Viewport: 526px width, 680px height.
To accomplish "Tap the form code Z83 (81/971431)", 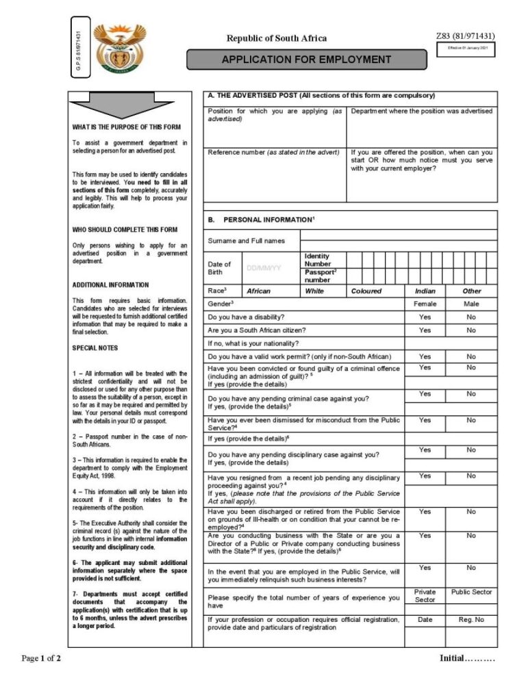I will coord(465,36).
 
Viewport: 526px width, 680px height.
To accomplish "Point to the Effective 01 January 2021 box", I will coord(468,48).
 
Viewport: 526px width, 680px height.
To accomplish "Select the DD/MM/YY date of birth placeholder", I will coord(263,268).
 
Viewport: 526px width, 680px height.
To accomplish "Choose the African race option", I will coord(258,291).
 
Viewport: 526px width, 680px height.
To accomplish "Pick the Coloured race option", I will coord(366,291).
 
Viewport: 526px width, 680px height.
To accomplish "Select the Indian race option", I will coord(425,291).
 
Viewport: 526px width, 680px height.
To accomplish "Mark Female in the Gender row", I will coord(425,302).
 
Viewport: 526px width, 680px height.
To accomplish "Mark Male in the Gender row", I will coord(471,302).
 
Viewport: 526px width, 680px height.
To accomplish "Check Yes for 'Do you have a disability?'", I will coord(425,317).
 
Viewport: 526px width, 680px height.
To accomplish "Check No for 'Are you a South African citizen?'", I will coord(471,330).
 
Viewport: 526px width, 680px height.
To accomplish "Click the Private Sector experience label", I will coord(425,595).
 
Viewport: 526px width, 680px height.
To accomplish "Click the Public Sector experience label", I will coord(471,592).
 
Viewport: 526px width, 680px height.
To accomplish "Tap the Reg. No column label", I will coord(471,620).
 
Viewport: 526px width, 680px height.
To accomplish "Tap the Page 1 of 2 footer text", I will coord(42,659).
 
